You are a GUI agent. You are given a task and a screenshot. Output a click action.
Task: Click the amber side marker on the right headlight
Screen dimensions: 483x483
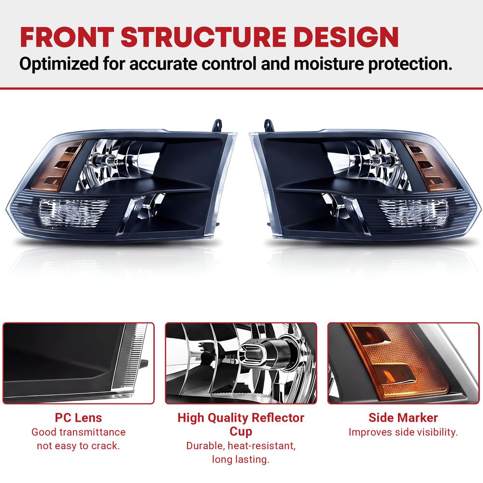click(425, 165)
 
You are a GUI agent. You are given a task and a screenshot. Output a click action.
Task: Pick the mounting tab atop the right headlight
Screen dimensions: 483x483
click(268, 126)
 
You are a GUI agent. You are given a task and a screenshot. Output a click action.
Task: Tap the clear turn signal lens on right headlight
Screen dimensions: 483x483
click(412, 212)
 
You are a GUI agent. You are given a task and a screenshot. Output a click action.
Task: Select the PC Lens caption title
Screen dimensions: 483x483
click(78, 418)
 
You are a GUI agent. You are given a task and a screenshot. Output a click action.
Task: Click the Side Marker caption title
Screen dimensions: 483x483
click(403, 418)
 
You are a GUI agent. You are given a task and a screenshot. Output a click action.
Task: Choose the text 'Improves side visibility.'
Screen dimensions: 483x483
click(403, 432)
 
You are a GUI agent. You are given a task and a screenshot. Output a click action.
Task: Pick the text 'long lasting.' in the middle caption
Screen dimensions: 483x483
click(241, 459)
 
